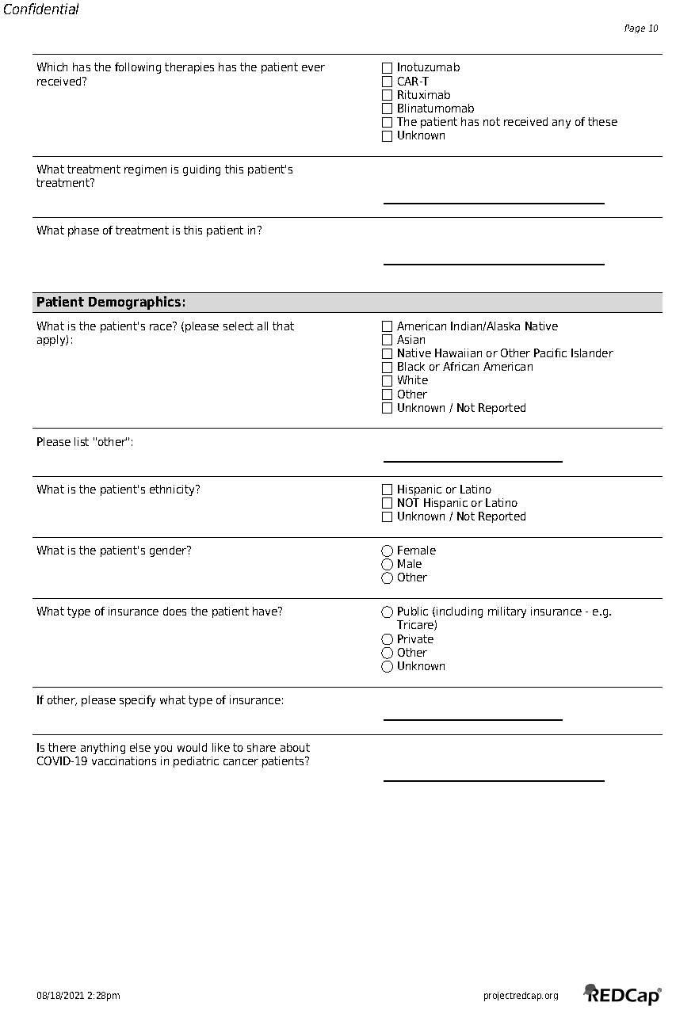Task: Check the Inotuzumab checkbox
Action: [387, 68]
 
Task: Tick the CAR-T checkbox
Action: [387, 82]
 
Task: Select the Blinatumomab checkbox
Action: [387, 109]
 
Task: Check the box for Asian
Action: [387, 340]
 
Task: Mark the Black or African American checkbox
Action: [387, 368]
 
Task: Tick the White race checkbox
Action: [387, 381]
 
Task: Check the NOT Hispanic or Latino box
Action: [387, 503]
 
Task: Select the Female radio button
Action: [387, 551]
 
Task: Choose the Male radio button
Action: [387, 564]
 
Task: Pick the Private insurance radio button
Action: [387, 639]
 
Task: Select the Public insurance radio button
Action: [387, 612]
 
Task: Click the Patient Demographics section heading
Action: [111, 303]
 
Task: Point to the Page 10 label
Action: [641, 29]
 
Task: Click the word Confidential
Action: [41, 10]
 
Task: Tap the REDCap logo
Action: [622, 994]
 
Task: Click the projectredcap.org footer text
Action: [521, 996]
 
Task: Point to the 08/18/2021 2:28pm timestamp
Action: [78, 996]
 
